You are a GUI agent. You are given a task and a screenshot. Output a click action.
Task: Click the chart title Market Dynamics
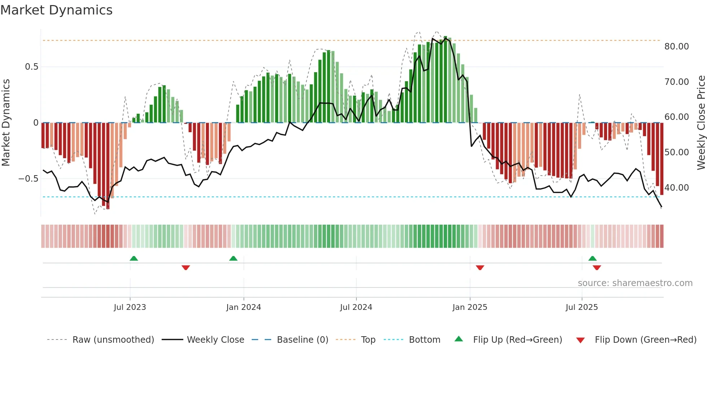click(56, 10)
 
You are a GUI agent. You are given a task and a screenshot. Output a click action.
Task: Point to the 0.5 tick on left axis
click(31, 67)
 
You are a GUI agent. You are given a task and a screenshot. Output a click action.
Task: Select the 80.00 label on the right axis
click(676, 47)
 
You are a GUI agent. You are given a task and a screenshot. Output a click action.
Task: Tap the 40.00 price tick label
click(676, 188)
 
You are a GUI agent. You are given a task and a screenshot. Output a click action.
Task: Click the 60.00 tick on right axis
click(676, 117)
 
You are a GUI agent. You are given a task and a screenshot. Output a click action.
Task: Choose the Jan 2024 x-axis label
click(243, 307)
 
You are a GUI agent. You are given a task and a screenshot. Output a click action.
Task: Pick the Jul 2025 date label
click(581, 307)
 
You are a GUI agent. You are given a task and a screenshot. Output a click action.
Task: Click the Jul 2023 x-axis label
click(130, 307)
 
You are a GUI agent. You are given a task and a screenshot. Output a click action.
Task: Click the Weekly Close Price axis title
click(701, 123)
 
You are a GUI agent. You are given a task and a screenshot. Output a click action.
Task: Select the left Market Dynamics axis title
click(6, 123)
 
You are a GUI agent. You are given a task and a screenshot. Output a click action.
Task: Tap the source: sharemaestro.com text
click(635, 283)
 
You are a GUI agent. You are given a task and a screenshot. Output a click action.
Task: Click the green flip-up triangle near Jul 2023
click(134, 259)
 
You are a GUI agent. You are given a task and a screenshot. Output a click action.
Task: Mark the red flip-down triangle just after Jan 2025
click(480, 268)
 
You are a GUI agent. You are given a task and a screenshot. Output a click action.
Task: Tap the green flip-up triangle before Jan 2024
click(233, 259)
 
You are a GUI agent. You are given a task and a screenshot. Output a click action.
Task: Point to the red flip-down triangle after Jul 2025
click(597, 268)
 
